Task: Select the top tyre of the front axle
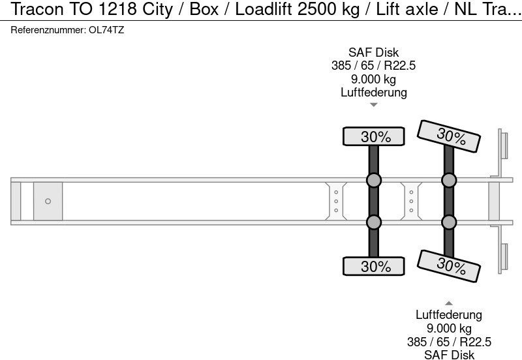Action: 374,136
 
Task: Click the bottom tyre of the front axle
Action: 374,266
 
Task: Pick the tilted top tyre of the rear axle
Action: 449,136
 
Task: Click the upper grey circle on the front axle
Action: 374,181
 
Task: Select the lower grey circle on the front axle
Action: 374,223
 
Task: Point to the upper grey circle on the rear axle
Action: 449,181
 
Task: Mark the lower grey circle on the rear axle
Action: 449,223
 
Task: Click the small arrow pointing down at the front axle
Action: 374,104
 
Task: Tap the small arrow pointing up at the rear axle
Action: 449,303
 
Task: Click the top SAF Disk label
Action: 374,53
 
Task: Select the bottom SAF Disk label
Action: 449,354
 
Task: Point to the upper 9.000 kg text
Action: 374,79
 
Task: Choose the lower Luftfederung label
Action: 449,316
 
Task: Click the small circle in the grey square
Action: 48,202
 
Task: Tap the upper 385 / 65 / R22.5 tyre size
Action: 374,66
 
